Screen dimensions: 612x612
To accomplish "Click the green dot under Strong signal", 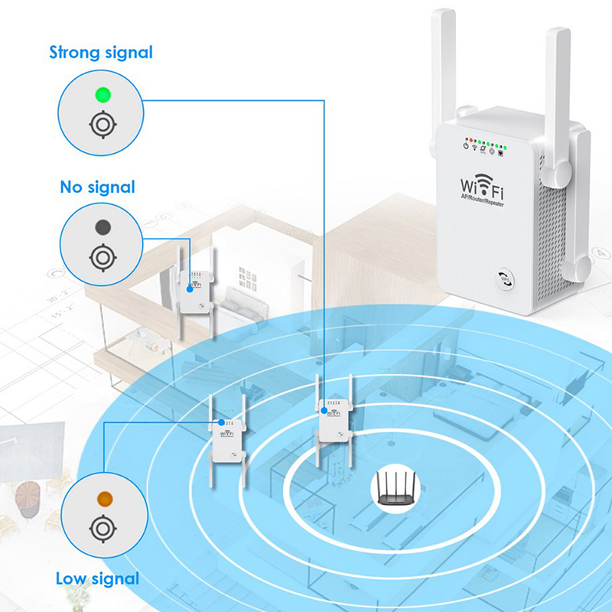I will click(101, 96).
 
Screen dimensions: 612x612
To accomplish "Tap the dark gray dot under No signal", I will click(101, 227).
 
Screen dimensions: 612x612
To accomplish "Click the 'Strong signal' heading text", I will click(101, 53).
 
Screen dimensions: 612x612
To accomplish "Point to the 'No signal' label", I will click(97, 187).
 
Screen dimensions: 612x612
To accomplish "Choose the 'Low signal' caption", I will click(97, 578).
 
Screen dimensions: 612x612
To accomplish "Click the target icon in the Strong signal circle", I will click(101, 124).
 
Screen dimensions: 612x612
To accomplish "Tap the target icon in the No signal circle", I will click(101, 256).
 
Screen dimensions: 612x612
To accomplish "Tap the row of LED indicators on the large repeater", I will click(483, 144).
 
